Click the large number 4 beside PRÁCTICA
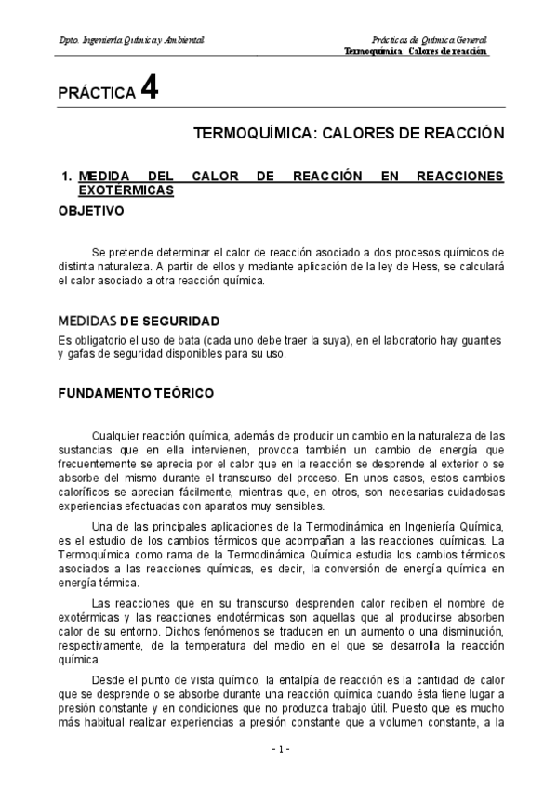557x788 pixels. [x=150, y=89]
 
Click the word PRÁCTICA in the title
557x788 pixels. [x=97, y=94]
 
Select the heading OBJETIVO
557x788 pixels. [x=91, y=211]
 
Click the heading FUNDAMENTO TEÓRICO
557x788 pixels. [x=136, y=393]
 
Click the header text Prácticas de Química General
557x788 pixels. [x=428, y=41]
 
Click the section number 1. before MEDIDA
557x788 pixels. [x=66, y=177]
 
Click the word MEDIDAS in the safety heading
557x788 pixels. [x=86, y=321]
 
